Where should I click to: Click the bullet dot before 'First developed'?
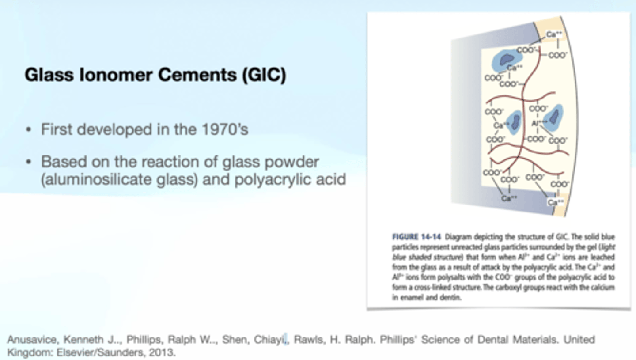(x=29, y=130)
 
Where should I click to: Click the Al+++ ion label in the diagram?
(x=538, y=123)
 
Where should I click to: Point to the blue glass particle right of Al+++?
(x=553, y=116)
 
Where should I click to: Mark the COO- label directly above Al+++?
(x=538, y=108)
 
